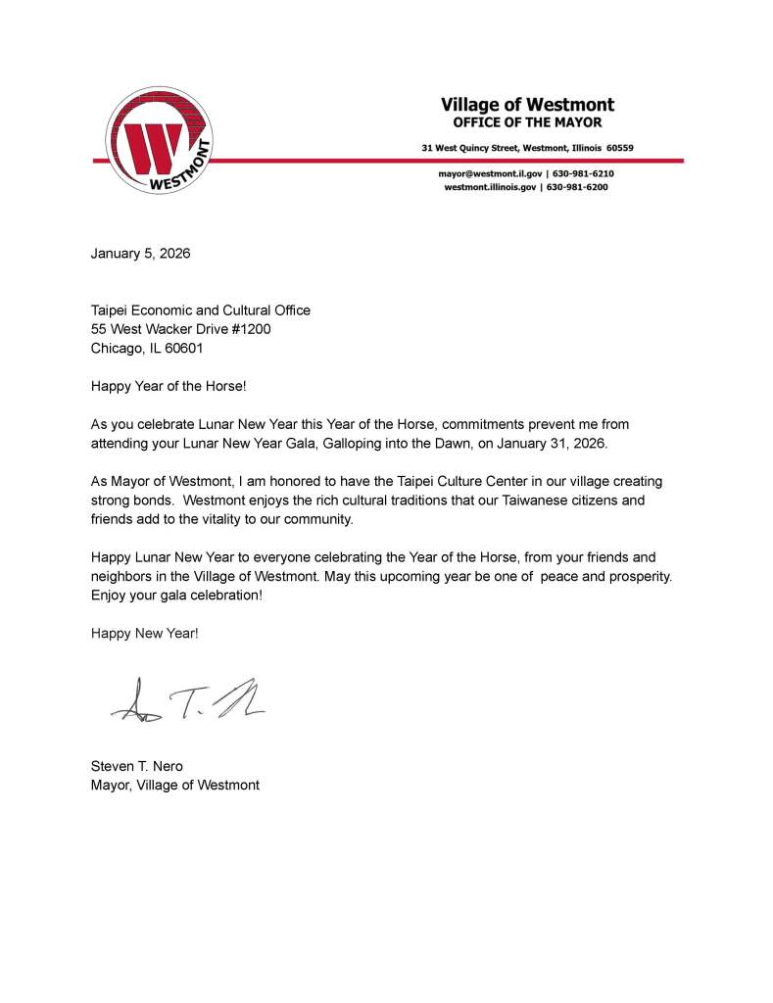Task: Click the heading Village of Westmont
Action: coord(527,105)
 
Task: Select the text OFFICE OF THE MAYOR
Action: coord(527,122)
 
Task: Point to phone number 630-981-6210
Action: coord(583,173)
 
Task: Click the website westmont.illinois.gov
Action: coord(490,187)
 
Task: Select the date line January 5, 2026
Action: coord(140,254)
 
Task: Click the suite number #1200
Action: coord(252,329)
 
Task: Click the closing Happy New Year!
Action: coord(145,633)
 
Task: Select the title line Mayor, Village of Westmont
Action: coord(175,785)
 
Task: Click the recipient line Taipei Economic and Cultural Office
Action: coord(201,310)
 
